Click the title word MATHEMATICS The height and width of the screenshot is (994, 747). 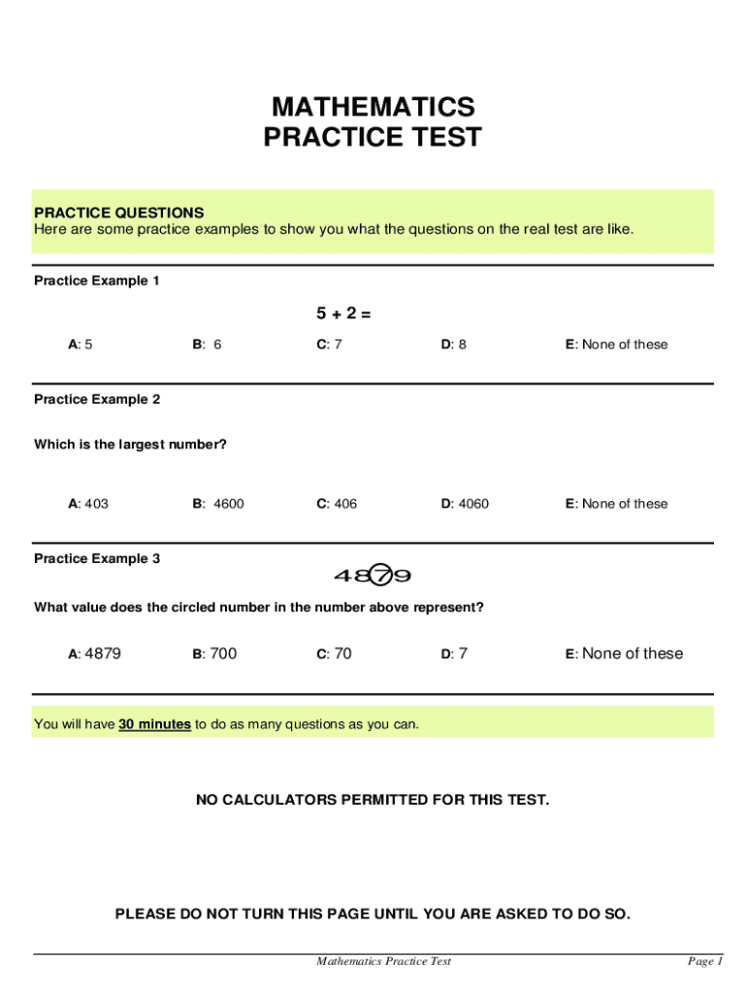coord(373,106)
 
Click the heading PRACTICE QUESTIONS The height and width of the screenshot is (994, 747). coord(118,213)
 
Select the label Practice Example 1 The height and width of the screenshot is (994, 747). coord(97,281)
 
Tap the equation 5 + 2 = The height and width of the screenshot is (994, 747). coord(343,314)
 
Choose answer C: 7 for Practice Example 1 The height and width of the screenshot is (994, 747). coord(329,345)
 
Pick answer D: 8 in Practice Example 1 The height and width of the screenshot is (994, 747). coord(454,345)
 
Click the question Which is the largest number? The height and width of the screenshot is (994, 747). coord(130,445)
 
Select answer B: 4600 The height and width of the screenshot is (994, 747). coord(218,504)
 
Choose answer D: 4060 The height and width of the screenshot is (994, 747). coord(466,504)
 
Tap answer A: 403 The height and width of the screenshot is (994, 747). coord(88,504)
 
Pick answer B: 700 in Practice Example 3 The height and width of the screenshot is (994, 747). coord(214,654)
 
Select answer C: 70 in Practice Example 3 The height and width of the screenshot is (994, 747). coord(334,654)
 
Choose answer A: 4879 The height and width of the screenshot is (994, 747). coord(94,654)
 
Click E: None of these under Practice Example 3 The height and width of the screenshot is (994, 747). coord(624,654)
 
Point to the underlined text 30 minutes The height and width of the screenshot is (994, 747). coord(154,725)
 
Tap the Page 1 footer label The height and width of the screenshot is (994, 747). coord(705,962)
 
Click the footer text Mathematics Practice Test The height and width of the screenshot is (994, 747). coord(383,962)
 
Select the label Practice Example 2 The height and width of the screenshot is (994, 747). coord(97,399)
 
